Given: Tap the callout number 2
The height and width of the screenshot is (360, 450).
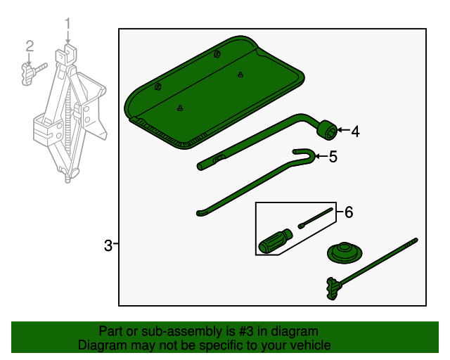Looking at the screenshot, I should point(30,46).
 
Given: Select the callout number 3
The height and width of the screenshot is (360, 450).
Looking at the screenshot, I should point(108,245).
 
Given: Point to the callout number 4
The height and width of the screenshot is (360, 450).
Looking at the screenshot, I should point(355,131).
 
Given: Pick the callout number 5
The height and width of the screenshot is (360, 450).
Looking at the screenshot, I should point(333,157).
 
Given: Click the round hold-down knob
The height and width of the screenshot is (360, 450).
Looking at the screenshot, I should point(344,253).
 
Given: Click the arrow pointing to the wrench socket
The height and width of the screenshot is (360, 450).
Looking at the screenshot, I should point(341,130).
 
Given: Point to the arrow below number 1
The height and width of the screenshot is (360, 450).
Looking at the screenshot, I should point(68,37).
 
